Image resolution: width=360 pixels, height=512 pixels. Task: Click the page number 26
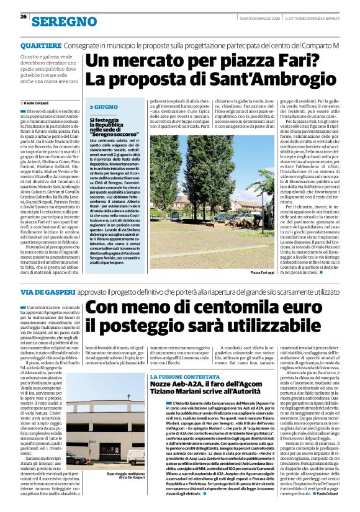(23, 17)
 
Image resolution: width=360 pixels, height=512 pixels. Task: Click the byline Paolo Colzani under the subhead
(38, 102)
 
